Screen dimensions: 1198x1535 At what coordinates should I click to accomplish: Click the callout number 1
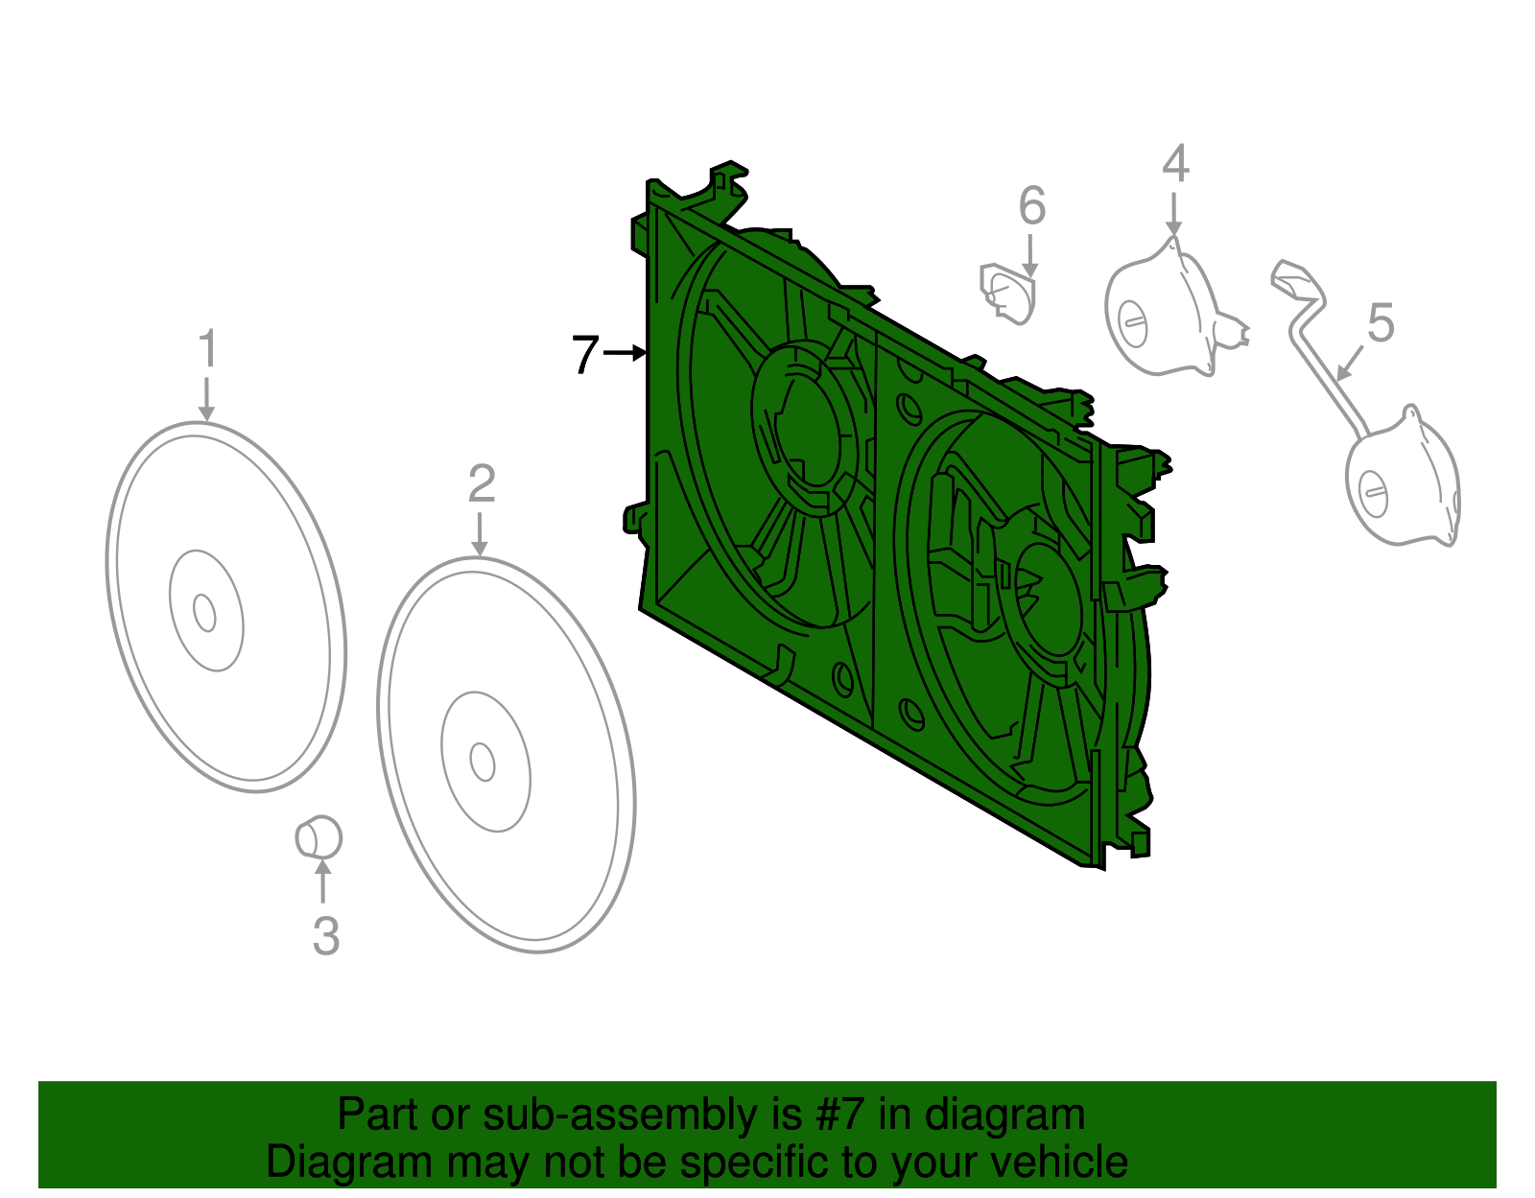tap(207, 349)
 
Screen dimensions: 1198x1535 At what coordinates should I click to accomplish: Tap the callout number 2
tap(481, 484)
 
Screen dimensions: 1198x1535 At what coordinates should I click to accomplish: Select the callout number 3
tap(326, 936)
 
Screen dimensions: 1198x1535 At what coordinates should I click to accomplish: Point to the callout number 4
tap(1175, 164)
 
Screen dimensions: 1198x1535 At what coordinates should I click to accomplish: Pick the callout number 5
tap(1381, 323)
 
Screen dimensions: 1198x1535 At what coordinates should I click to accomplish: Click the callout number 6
tap(1031, 206)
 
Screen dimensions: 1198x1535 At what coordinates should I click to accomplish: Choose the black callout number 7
tap(585, 355)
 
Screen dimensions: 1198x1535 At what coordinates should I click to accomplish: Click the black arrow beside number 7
tap(626, 354)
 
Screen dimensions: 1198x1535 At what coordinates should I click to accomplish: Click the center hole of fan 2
tap(483, 762)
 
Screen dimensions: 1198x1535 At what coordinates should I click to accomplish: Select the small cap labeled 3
tap(319, 838)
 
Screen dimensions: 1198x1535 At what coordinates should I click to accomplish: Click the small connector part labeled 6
tap(1007, 293)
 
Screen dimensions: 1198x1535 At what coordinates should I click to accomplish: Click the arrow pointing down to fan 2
tap(480, 533)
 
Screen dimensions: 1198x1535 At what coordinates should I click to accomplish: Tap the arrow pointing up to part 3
tap(323, 881)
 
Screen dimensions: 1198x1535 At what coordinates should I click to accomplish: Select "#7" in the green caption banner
tap(840, 1116)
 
